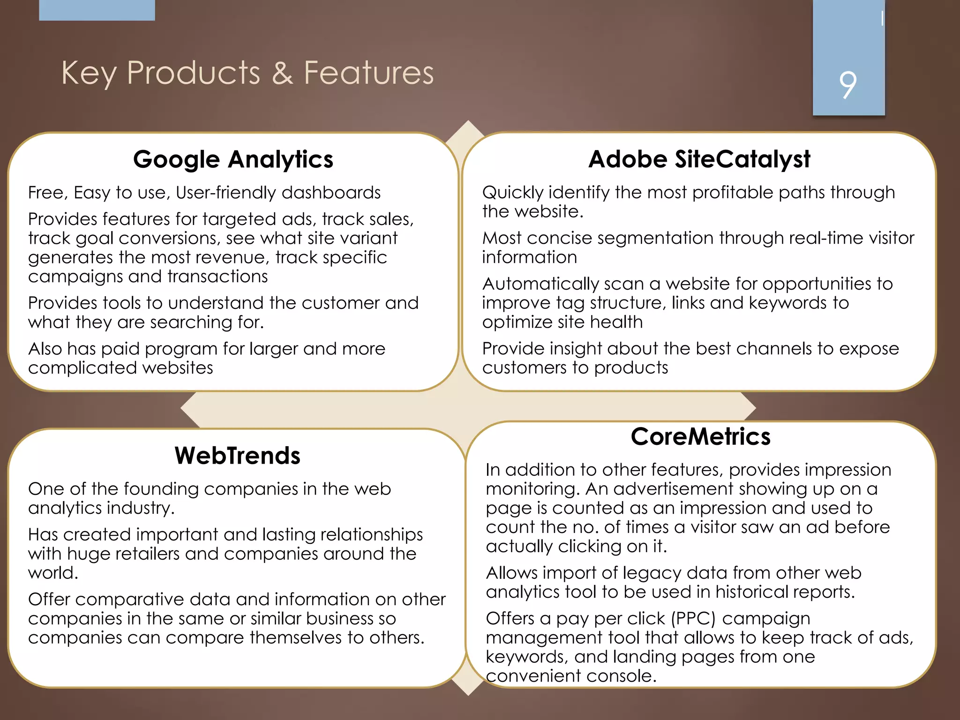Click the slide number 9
pos(847,85)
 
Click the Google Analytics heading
pos(233,159)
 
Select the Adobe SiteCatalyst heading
pos(699,159)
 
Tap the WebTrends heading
pos(237,456)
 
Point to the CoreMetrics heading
pos(700,437)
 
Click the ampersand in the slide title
pos(282,73)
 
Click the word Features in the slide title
pos(369,73)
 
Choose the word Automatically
pos(540,284)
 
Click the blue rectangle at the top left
pos(97,10)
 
